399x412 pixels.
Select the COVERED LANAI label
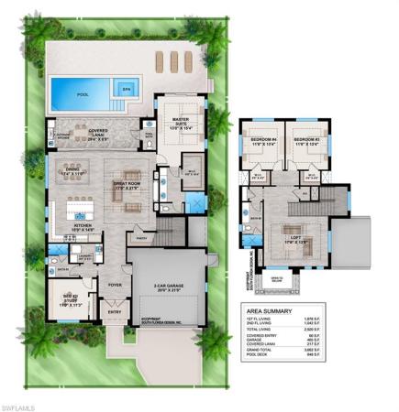[x=99, y=132]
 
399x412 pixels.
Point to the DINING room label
[x=72, y=170]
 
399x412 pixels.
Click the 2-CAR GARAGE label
[x=162, y=286]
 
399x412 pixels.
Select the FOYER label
[x=116, y=285]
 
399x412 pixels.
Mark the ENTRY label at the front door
[x=116, y=313]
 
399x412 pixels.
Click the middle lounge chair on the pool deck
[x=172, y=60]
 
